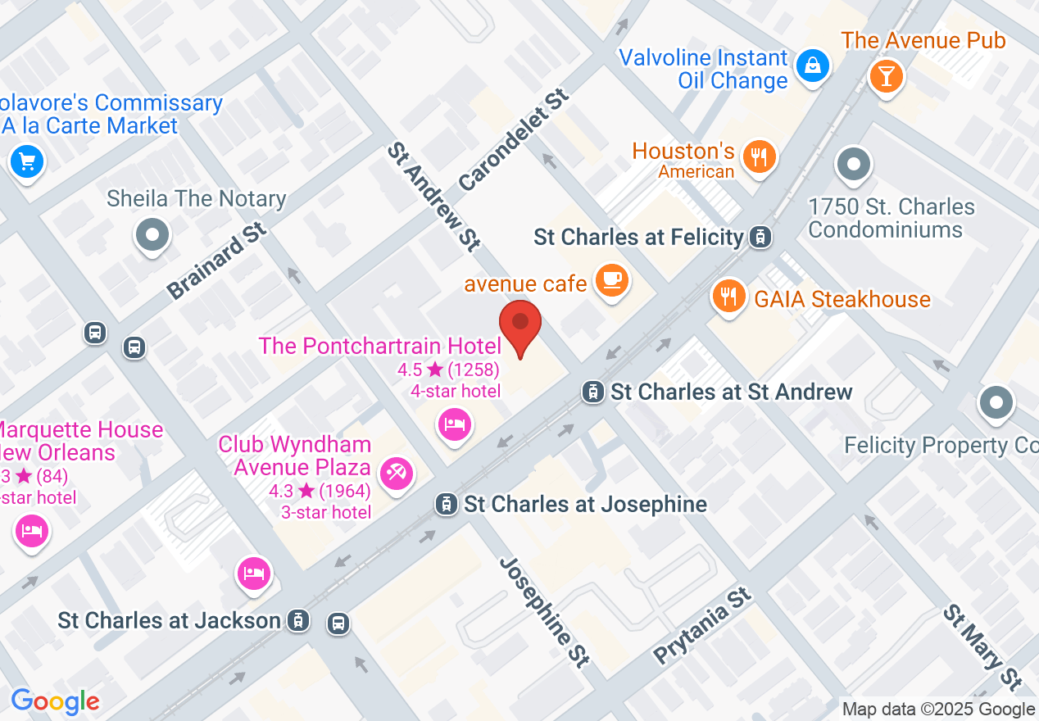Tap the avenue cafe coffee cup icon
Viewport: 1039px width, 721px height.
pos(611,280)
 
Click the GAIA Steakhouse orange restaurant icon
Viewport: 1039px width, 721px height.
pos(727,295)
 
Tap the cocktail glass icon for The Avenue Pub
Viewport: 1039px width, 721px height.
pos(886,76)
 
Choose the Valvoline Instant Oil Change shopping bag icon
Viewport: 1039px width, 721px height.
pos(813,64)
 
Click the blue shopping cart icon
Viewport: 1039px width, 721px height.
pos(27,161)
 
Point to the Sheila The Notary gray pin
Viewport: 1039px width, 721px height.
pos(152,235)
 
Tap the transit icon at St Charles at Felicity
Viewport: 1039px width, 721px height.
pos(761,238)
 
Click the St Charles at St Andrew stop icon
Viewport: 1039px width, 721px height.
pos(592,392)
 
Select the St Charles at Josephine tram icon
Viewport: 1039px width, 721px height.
pos(447,503)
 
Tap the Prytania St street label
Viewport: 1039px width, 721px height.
pos(702,625)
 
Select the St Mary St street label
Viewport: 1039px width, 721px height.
pos(982,647)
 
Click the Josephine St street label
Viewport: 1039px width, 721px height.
pos(545,611)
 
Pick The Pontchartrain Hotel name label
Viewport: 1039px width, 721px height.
pos(379,346)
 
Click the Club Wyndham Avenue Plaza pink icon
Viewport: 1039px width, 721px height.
pos(397,473)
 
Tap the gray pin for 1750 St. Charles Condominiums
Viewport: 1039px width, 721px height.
pos(854,164)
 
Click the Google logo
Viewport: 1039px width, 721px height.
pos(55,701)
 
